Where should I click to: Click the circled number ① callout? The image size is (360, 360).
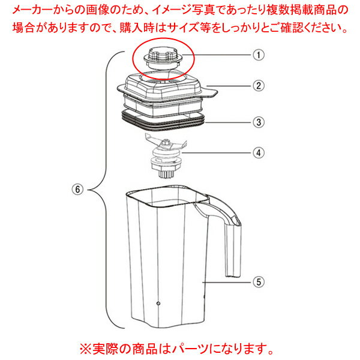point(259,55)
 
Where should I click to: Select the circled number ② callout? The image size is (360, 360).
point(259,86)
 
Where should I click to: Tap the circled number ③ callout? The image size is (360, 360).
point(259,122)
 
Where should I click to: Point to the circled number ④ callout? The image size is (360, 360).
point(259,152)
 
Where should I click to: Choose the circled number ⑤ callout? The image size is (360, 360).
point(259,282)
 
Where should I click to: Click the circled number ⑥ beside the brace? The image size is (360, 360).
point(77,190)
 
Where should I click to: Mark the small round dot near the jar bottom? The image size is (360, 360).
point(158,304)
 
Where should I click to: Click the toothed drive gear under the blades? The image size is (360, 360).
point(166,174)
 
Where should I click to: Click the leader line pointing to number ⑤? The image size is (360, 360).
point(227,282)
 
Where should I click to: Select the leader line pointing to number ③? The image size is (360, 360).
point(229,122)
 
